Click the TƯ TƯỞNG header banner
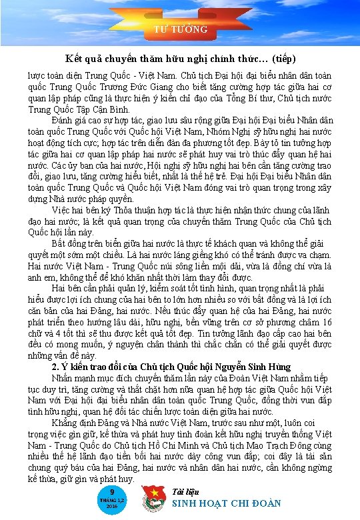[x=181, y=29]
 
